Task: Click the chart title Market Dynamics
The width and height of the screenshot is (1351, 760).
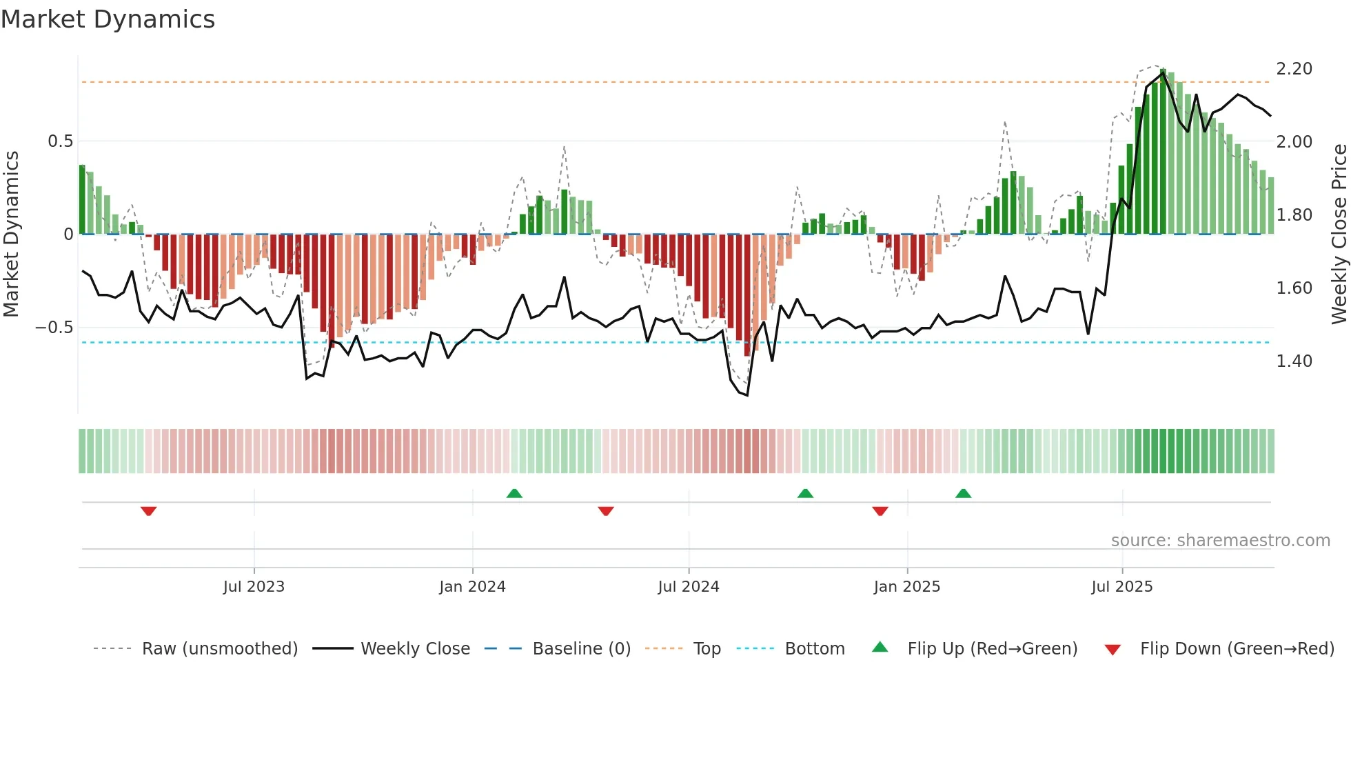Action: (x=108, y=19)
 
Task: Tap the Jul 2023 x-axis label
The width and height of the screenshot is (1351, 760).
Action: (x=254, y=587)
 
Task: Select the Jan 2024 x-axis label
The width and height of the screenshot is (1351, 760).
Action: (x=472, y=587)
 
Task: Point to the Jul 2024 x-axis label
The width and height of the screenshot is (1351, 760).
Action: (x=688, y=587)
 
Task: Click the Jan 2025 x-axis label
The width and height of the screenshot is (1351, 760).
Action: (x=906, y=587)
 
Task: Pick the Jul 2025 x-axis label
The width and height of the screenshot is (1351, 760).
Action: (x=1121, y=587)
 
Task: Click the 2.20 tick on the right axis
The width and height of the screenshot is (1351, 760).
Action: (x=1294, y=69)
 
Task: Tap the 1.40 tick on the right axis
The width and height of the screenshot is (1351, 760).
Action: (x=1294, y=361)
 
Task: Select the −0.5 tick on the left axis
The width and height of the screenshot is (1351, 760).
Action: (x=54, y=328)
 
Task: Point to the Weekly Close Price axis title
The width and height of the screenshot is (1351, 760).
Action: (x=1339, y=234)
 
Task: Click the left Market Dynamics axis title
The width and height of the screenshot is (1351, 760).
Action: (x=11, y=234)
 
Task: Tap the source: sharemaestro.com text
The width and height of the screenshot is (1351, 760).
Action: (x=1220, y=541)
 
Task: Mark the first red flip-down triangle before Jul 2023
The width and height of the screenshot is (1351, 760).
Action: (x=148, y=511)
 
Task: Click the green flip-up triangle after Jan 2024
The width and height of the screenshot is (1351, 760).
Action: (x=514, y=493)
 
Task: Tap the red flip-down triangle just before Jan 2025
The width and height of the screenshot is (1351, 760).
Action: (x=880, y=511)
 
